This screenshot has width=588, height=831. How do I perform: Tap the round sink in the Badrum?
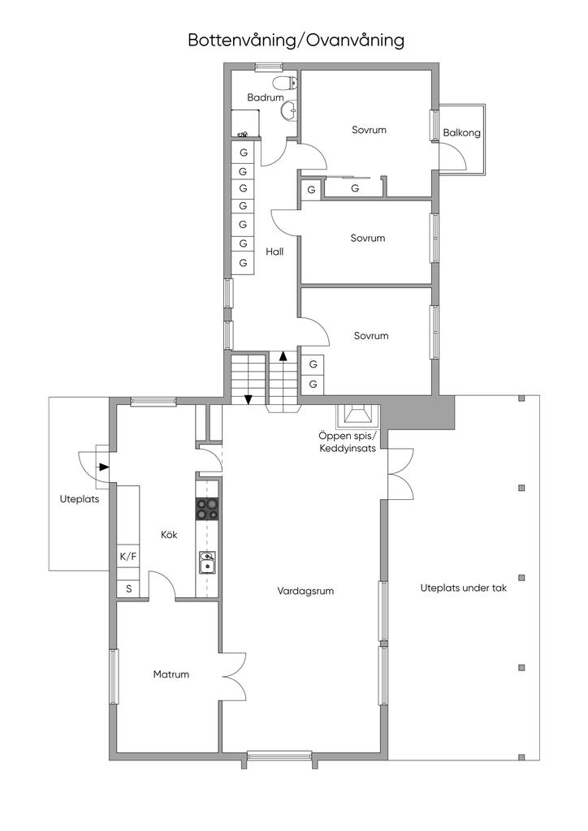pos(289,110)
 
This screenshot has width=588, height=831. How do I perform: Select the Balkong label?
pos(462,132)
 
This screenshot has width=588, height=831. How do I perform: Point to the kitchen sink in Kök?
pos(207,562)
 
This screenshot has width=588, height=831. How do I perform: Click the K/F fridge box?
pos(128,557)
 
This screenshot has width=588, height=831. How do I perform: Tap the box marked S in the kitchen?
pos(128,588)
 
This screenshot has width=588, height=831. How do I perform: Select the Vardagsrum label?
pos(305,591)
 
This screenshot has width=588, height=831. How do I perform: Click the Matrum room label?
pos(171,674)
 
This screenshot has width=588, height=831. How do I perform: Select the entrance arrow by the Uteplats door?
pos(104,467)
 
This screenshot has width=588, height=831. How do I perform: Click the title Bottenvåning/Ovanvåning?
pos(296,41)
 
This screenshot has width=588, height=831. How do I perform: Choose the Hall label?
pos(275,252)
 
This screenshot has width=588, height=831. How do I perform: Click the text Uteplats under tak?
pos(464,588)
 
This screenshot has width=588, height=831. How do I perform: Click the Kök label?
pos(169,535)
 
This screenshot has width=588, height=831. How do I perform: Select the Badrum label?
pos(265,97)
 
